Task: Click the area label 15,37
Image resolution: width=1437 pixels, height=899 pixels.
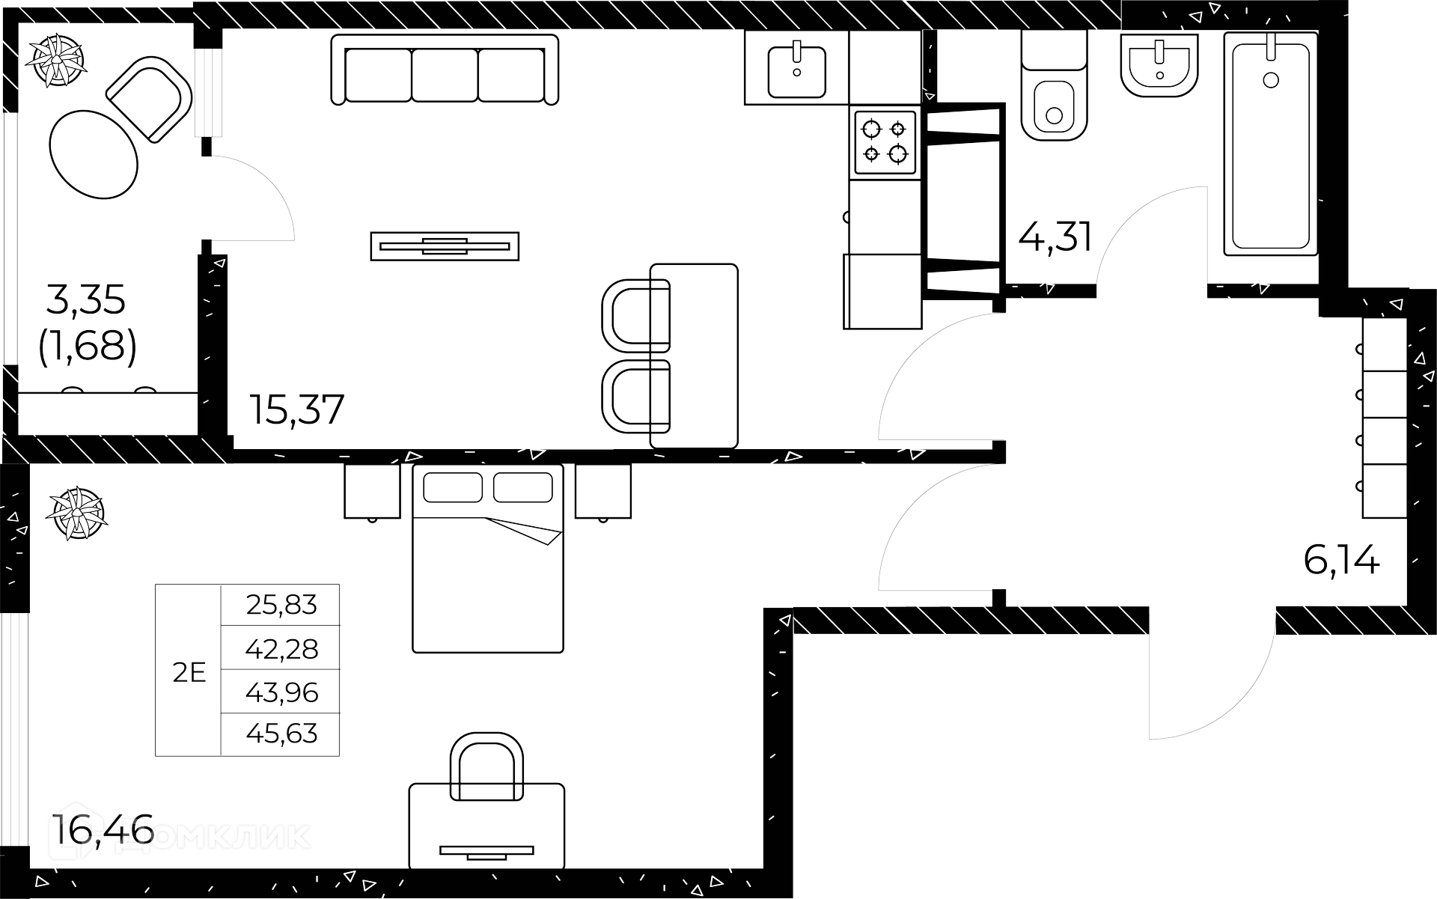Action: (x=297, y=409)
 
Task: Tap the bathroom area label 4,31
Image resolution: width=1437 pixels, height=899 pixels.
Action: (x=1055, y=238)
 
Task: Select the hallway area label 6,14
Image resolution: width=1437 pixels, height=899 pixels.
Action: (x=1341, y=560)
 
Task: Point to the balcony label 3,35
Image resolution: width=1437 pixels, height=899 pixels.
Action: (x=86, y=300)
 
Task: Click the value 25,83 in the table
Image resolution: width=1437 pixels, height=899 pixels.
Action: (x=281, y=605)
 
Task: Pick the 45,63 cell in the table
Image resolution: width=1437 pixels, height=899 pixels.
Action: (x=281, y=734)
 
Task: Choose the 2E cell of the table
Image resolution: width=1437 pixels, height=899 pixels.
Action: (x=189, y=672)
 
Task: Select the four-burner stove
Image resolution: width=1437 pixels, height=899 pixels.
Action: (x=885, y=143)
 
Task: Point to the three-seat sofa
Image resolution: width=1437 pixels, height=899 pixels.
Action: (x=445, y=69)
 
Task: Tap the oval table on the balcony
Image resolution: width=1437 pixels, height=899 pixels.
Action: (x=94, y=154)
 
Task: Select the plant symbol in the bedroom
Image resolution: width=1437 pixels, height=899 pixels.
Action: (x=76, y=514)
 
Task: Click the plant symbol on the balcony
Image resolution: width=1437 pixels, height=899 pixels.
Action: (x=57, y=61)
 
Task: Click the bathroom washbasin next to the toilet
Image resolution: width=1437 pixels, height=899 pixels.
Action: (x=1159, y=66)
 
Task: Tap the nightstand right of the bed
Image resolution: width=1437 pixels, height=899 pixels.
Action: (x=602, y=491)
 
